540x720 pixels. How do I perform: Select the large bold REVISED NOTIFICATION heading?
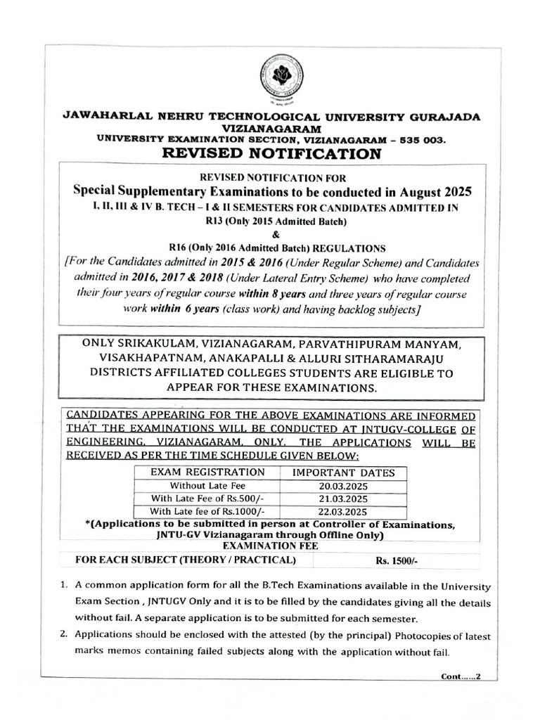coord(271,153)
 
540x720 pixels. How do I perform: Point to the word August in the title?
coord(404,191)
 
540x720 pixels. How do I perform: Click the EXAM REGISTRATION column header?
coord(208,472)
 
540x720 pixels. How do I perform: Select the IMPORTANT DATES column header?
coord(343,473)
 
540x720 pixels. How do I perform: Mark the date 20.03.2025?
coord(342,486)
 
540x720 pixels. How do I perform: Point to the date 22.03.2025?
coord(342,511)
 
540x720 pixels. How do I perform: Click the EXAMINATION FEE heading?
coord(271,546)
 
